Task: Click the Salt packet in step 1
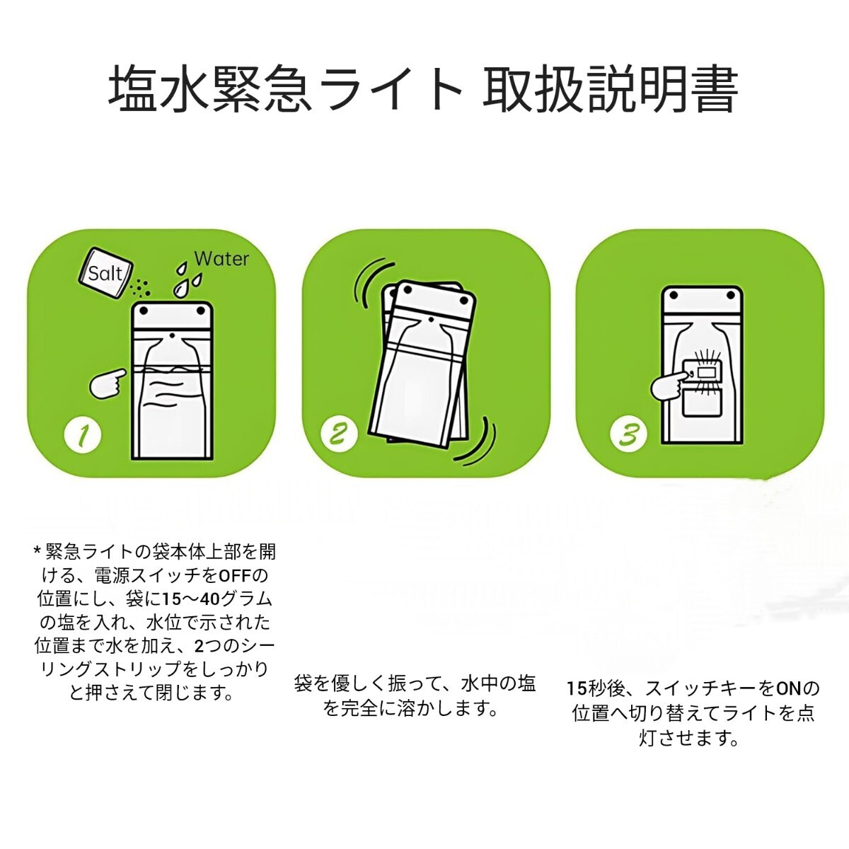point(106,273)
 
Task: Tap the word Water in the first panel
point(221,259)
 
